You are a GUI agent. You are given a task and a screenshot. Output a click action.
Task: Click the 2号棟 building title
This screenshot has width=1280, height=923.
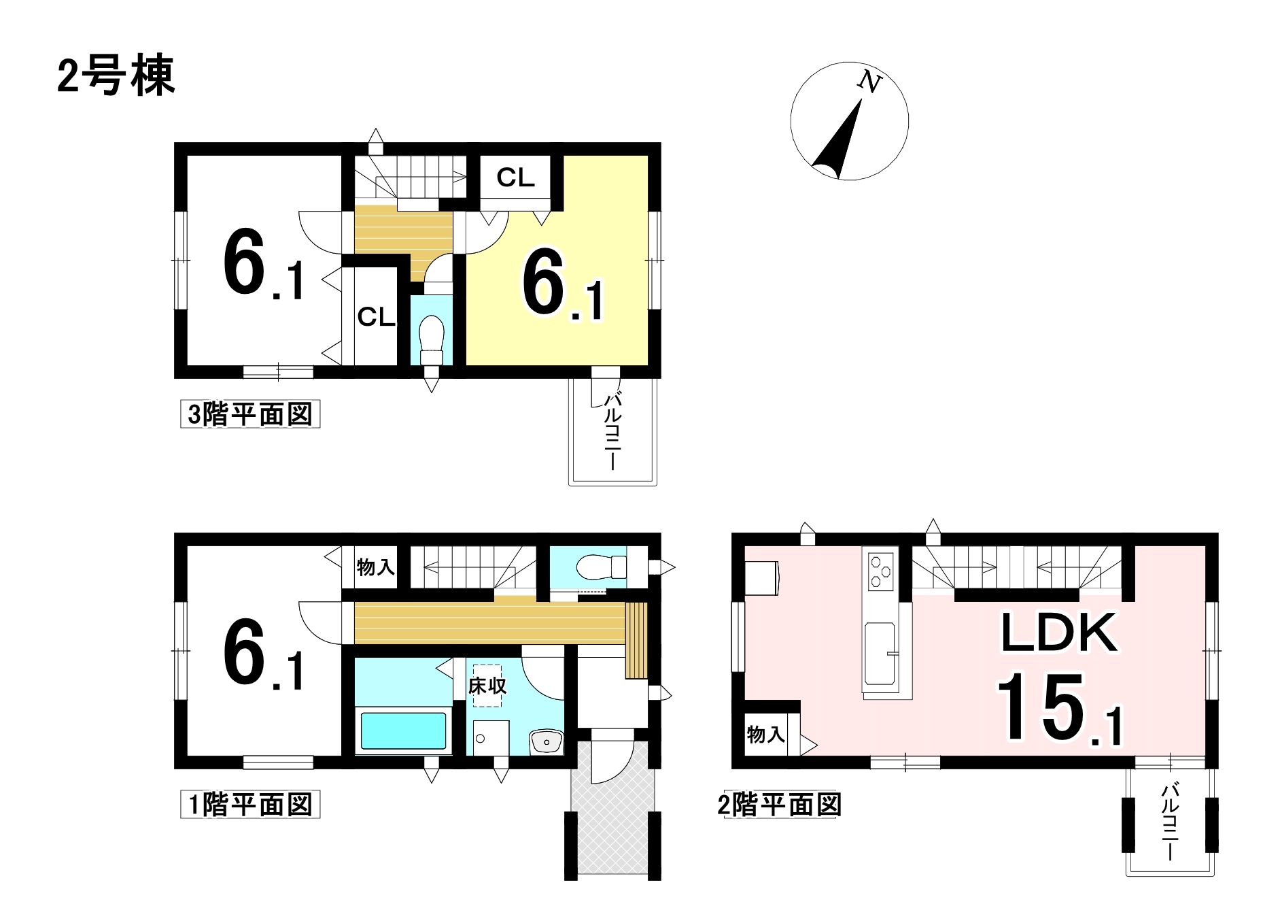(x=116, y=75)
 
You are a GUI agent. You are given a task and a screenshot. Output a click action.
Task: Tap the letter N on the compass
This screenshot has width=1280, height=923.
(x=869, y=82)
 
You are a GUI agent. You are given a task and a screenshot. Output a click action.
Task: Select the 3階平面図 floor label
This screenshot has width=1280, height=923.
(x=249, y=414)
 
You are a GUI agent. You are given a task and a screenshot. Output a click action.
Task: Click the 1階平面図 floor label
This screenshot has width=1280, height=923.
(x=249, y=805)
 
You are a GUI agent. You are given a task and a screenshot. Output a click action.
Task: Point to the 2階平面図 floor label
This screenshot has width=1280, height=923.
(x=780, y=805)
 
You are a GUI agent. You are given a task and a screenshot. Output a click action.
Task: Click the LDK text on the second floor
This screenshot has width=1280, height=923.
(x=1059, y=633)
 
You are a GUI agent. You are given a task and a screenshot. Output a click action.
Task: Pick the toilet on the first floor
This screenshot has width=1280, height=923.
(x=601, y=566)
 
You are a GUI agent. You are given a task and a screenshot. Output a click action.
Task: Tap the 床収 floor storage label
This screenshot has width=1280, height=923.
(x=487, y=686)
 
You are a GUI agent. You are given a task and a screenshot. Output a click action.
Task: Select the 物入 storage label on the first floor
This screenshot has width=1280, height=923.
(x=376, y=567)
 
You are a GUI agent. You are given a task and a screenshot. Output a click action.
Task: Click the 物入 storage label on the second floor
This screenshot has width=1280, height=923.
(x=766, y=735)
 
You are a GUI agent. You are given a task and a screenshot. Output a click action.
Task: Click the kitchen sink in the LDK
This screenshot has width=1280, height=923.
(x=881, y=653)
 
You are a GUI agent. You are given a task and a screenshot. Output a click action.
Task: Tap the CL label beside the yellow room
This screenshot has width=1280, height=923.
(x=515, y=178)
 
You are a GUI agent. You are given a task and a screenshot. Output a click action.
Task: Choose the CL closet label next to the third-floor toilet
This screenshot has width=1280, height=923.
(x=376, y=317)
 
